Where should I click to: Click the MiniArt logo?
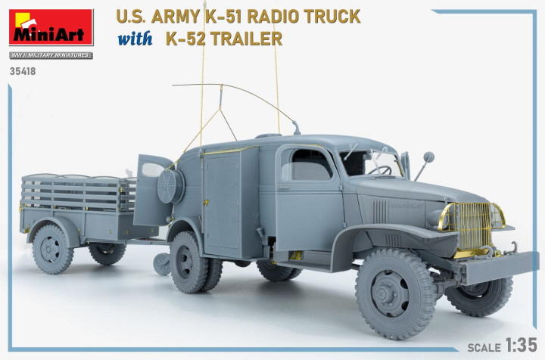pyautogui.click(x=51, y=28)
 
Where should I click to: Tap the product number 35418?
pyautogui.click(x=23, y=72)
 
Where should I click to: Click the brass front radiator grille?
pyautogui.click(x=469, y=225)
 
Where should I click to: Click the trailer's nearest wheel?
pyautogui.click(x=51, y=249)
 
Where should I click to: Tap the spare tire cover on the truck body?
pyautogui.click(x=171, y=185)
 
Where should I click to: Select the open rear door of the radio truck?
pyautogui.click(x=153, y=189)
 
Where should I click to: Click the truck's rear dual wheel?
pyautogui.click(x=188, y=262)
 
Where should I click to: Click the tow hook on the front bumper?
pyautogui.click(x=512, y=247)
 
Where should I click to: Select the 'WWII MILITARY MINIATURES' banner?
pyautogui.click(x=51, y=55)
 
